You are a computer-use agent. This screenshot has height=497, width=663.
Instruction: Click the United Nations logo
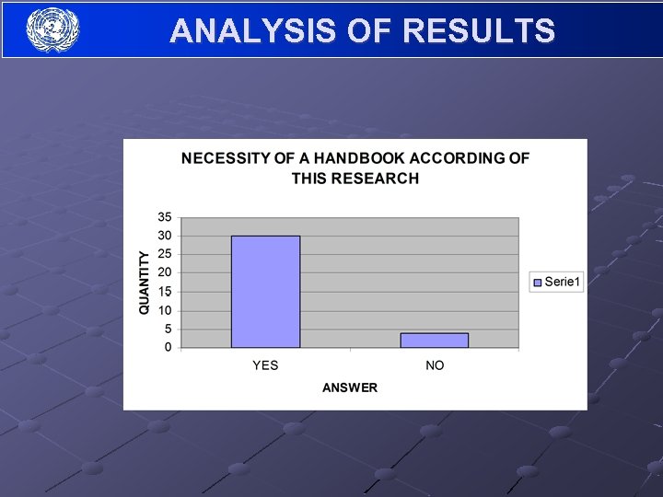(53, 29)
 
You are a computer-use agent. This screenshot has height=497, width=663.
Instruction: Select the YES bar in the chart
(265, 292)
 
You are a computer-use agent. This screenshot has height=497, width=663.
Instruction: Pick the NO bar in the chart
(435, 340)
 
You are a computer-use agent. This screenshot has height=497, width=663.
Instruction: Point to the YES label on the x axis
(265, 365)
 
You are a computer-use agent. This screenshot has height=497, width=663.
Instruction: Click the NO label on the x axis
(435, 365)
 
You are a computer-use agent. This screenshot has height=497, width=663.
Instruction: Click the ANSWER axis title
(350, 387)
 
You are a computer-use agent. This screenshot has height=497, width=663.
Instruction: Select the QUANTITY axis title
(145, 282)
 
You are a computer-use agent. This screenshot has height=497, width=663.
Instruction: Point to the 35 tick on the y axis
(165, 217)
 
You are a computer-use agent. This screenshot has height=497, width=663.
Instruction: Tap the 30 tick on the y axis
(165, 236)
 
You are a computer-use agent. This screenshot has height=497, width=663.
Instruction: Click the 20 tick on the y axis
(165, 272)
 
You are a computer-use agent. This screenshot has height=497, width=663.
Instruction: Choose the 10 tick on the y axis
(165, 310)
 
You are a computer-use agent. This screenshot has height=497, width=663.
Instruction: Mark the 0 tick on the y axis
(169, 347)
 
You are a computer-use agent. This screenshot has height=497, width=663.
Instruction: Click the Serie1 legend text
(563, 282)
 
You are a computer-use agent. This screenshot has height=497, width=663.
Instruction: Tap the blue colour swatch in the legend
(537, 282)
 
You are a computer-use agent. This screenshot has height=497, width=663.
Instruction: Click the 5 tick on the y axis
(169, 329)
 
